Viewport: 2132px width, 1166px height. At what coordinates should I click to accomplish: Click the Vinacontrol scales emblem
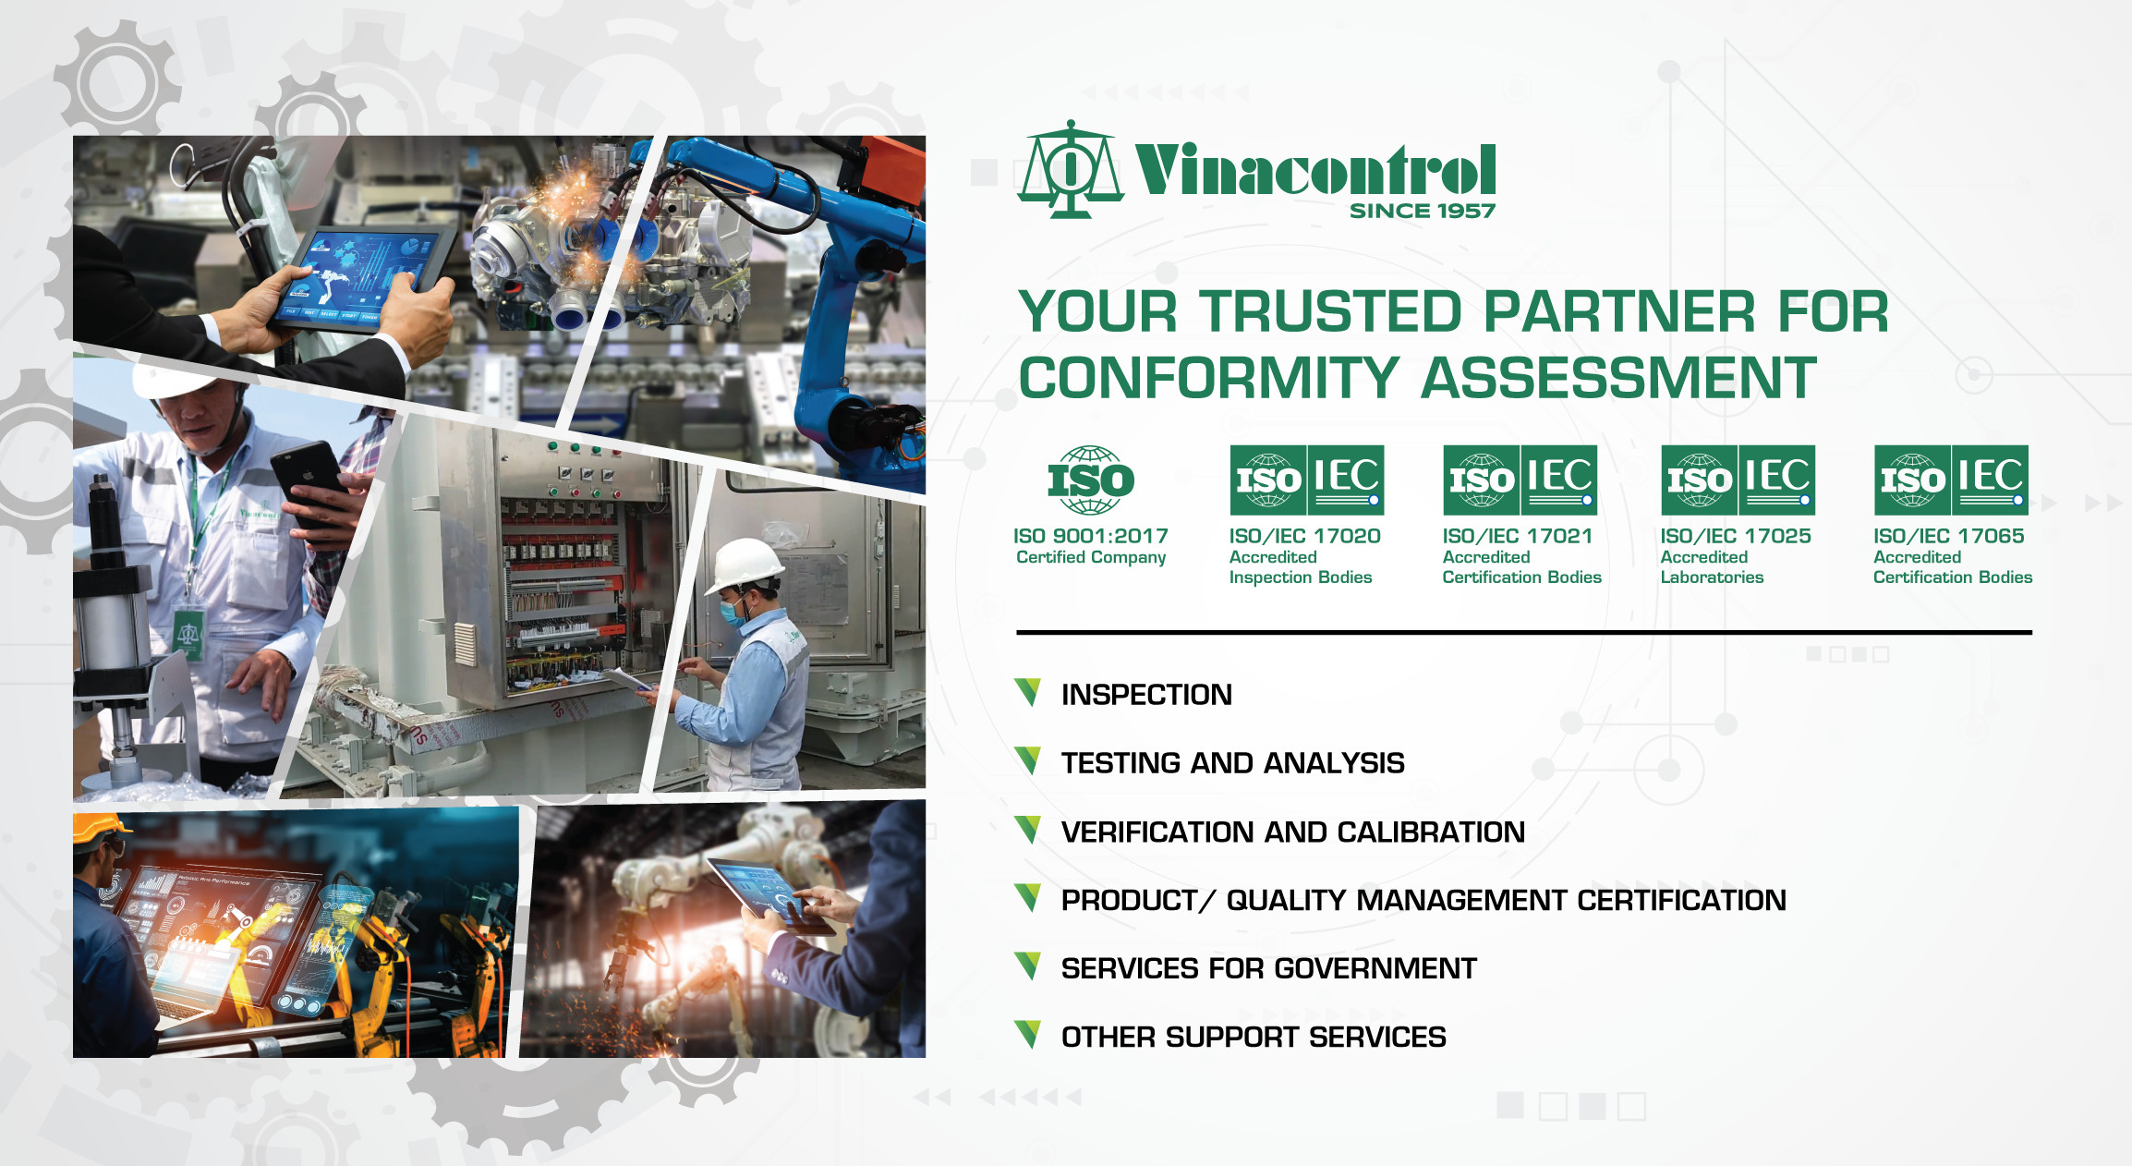tap(1070, 170)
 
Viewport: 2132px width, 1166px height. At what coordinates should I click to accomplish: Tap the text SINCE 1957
tap(1422, 212)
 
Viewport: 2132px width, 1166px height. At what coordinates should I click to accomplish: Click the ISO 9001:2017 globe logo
tap(1091, 480)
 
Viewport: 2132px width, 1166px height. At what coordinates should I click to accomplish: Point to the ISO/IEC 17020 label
tap(1304, 536)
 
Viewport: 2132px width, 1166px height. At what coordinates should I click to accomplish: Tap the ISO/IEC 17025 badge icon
tap(1738, 480)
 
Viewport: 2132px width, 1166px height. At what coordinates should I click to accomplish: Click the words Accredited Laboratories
tap(1712, 567)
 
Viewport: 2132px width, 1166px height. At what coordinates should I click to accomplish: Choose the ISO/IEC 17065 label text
tap(1948, 536)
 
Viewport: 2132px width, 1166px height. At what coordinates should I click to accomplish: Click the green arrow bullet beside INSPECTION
tap(1028, 692)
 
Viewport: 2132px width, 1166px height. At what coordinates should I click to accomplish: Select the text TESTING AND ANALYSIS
tap(1232, 763)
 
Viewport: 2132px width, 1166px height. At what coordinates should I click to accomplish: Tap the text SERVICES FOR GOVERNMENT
tap(1268, 968)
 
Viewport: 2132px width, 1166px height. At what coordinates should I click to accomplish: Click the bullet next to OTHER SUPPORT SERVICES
tap(1028, 1035)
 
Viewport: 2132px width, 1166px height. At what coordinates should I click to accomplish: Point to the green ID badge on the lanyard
tap(189, 633)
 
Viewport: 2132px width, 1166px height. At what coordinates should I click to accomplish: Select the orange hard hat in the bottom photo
tap(100, 828)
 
